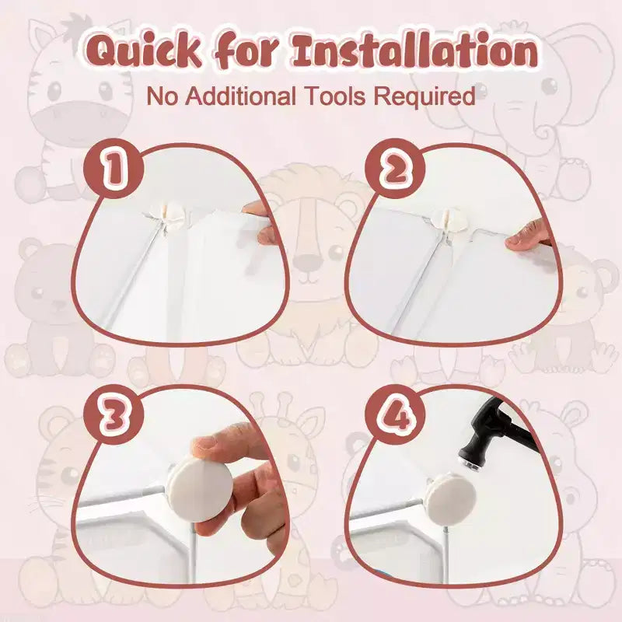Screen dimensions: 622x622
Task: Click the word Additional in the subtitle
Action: coord(241,96)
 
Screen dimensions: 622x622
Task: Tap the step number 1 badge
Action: coord(114,169)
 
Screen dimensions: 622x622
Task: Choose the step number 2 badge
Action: coord(395,169)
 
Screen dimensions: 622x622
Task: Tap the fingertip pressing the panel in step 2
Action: coord(528,236)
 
